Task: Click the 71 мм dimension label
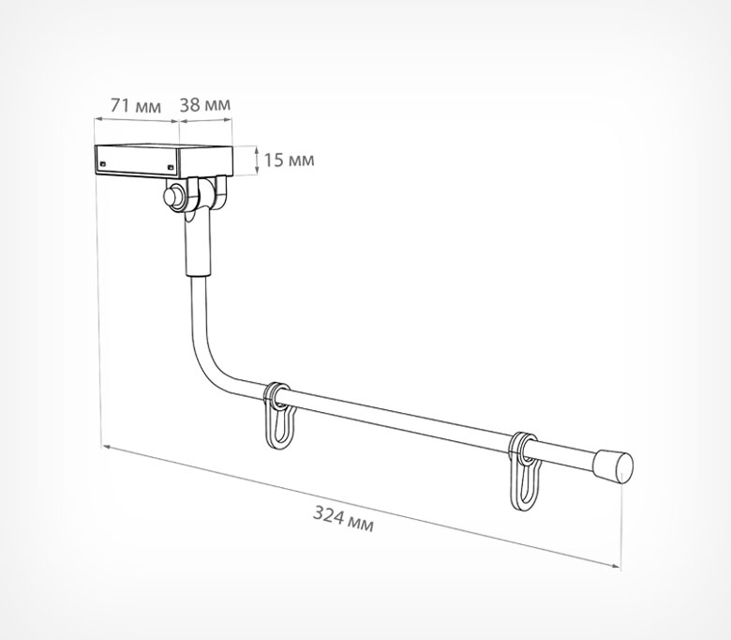(x=136, y=106)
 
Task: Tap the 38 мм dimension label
(x=205, y=104)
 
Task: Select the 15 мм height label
(x=289, y=160)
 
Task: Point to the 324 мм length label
(x=343, y=519)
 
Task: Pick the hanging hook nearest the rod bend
(x=279, y=417)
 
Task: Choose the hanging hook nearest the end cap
(x=526, y=471)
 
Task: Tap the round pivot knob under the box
(x=173, y=196)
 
